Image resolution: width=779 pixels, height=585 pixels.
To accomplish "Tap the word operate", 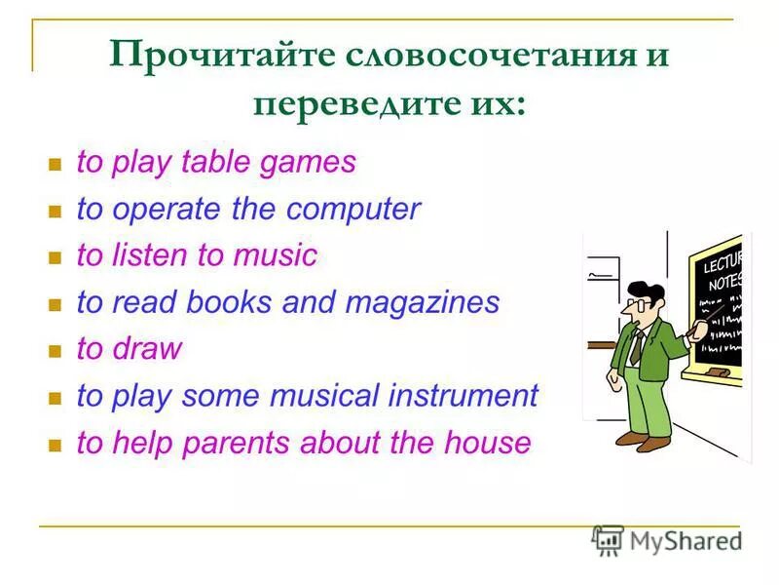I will (158, 209).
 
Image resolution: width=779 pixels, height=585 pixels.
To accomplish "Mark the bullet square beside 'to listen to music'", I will (56, 257).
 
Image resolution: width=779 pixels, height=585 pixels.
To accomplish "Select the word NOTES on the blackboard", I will (724, 283).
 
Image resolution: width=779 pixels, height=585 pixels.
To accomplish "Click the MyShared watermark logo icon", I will (608, 540).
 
